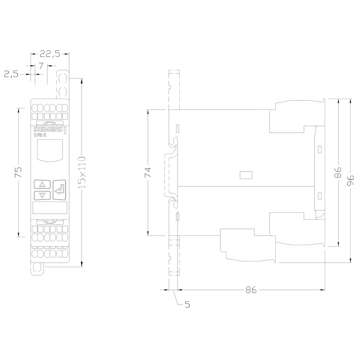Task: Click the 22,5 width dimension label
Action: coord(50,54)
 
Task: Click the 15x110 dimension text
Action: coord(82,172)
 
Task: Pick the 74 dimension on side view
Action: coord(148,172)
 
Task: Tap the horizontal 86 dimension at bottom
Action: coord(251,289)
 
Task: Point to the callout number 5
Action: coord(187,305)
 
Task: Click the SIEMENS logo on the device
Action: coord(48,130)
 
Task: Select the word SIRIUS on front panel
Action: coord(40,136)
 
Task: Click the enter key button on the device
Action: coord(59,189)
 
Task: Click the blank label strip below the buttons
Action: coord(50,208)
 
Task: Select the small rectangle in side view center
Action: coord(246,175)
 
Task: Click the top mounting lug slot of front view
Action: coord(62,78)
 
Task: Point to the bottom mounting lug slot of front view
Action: coord(37,268)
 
